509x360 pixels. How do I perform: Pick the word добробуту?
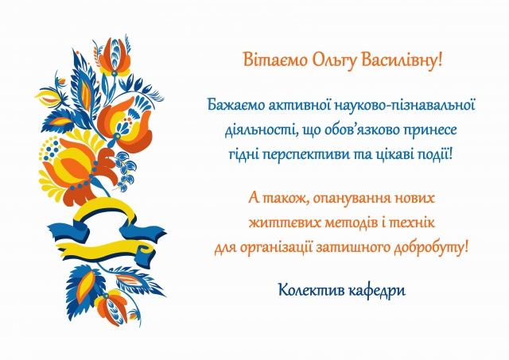(431, 248)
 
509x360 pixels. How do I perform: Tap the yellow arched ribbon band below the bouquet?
(104, 207)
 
